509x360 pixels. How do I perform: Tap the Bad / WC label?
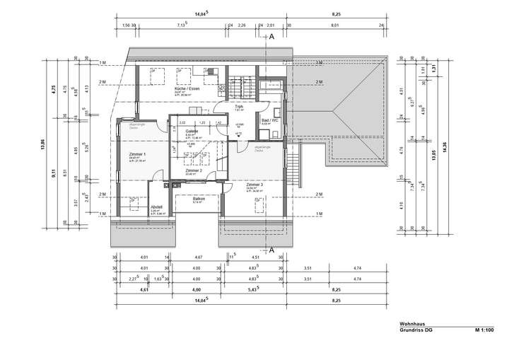point(270,121)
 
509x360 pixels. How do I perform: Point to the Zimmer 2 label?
point(194,171)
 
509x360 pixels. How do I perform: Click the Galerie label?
point(191,132)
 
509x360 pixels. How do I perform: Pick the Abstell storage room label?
point(137,207)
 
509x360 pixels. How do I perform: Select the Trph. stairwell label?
point(240,106)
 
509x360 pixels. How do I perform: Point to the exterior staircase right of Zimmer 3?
point(289,168)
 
